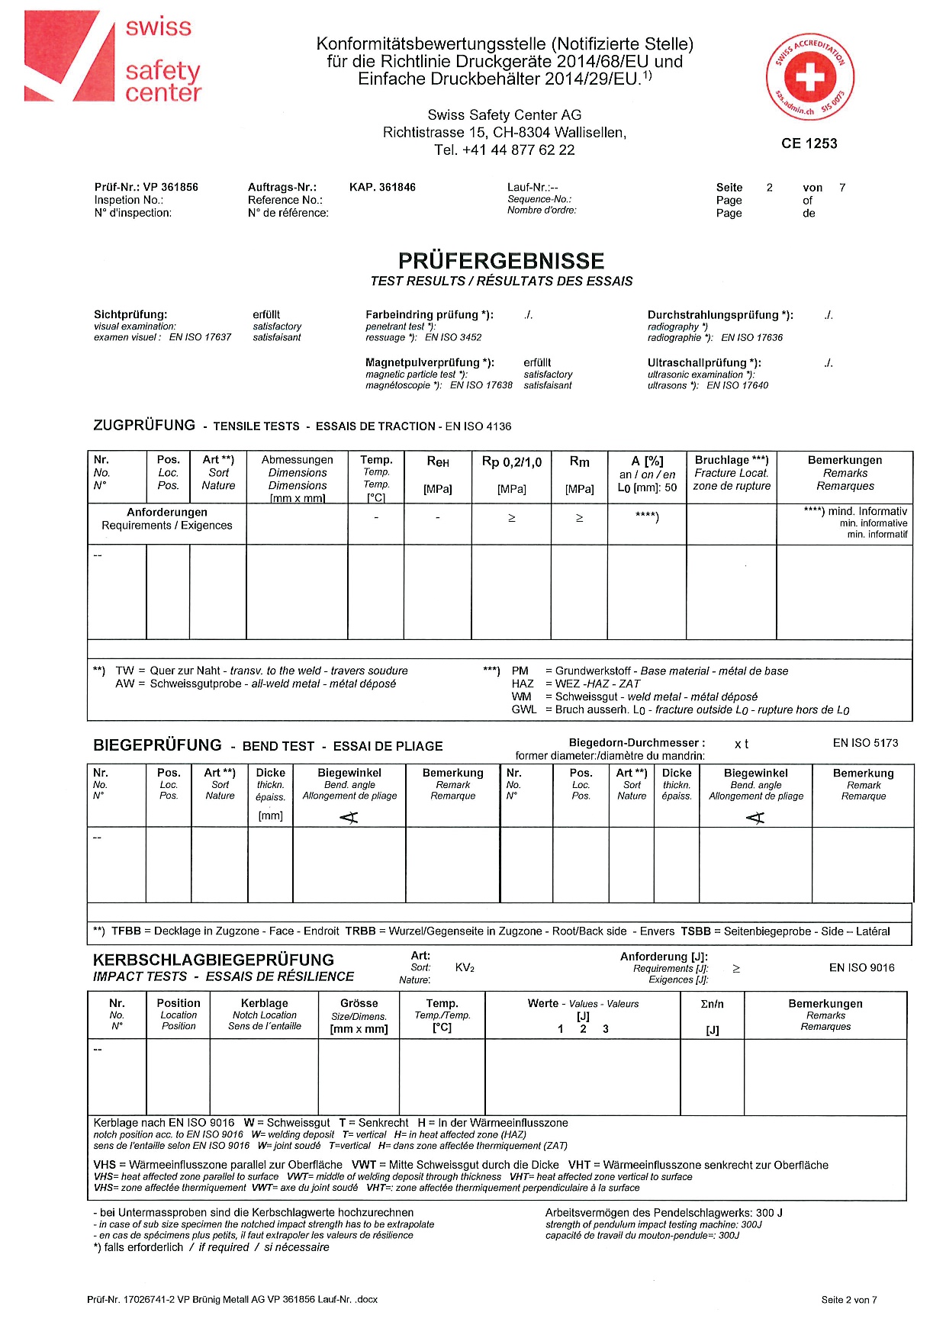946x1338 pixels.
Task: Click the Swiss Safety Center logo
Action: click(x=113, y=56)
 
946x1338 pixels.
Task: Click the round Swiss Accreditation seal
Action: click(x=810, y=77)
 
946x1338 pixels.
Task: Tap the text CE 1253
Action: click(x=809, y=143)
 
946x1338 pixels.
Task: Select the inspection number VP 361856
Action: click(x=170, y=187)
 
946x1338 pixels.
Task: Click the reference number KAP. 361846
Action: click(x=382, y=187)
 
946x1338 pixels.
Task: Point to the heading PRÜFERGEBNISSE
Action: click(x=501, y=261)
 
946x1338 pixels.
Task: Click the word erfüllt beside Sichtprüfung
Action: click(x=266, y=314)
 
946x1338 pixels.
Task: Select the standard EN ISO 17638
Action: click(x=481, y=385)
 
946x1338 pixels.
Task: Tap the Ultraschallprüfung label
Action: click(x=703, y=363)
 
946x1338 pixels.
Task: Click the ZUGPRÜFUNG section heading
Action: click(x=144, y=426)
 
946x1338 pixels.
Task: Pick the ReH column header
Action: click(x=437, y=462)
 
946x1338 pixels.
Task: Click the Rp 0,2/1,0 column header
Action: click(x=511, y=462)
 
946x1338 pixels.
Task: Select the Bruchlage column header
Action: click(x=731, y=460)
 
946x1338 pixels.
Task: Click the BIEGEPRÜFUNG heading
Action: click(x=157, y=745)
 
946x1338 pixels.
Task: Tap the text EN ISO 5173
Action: click(x=865, y=742)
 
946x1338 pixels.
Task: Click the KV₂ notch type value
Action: click(x=465, y=967)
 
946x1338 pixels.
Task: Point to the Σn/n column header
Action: click(x=712, y=1004)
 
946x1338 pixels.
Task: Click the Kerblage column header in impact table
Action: click(x=264, y=1003)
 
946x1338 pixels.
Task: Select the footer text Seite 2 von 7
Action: click(x=848, y=1300)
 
